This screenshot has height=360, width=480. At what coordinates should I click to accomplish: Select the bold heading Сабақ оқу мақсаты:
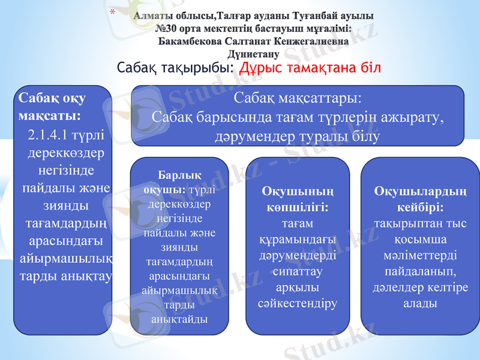[52, 106]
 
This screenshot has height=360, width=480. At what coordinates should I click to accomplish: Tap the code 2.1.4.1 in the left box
[50, 133]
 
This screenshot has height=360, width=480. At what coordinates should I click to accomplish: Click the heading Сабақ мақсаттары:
[297, 97]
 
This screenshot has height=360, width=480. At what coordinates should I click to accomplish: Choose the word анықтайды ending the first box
[179, 318]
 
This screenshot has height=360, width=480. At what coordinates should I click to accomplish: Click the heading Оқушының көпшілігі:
[298, 199]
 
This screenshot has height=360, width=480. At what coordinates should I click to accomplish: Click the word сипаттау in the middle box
[298, 271]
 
